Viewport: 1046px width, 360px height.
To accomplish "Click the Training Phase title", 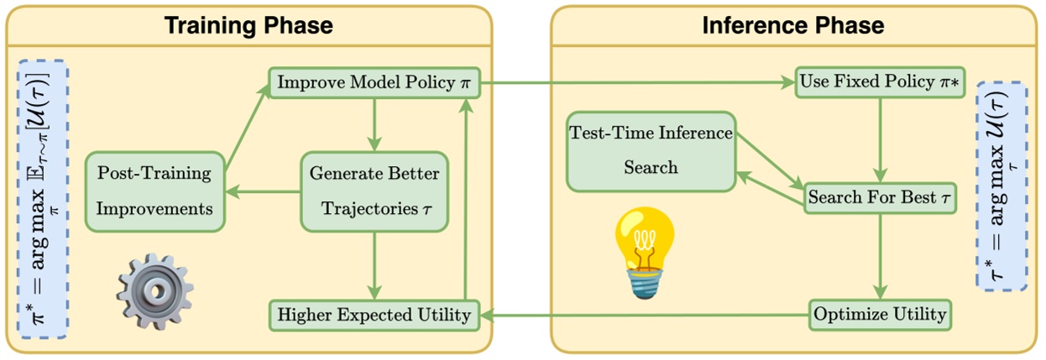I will [x=248, y=25].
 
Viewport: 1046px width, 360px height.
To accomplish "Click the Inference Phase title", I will [x=792, y=25].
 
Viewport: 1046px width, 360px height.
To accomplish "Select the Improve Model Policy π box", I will [x=374, y=84].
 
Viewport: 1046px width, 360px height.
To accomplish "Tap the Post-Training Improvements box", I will [x=154, y=192].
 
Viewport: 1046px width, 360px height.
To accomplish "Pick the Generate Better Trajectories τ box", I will [x=374, y=192].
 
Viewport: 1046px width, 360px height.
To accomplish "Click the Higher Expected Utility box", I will [x=374, y=315].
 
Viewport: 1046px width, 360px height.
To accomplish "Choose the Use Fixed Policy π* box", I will [x=879, y=84].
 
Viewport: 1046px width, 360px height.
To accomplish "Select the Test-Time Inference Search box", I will [x=651, y=150].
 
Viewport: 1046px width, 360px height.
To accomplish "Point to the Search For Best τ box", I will [x=879, y=198].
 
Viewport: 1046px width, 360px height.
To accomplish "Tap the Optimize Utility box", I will [x=879, y=315].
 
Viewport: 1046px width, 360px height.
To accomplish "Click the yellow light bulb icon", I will [x=644, y=252].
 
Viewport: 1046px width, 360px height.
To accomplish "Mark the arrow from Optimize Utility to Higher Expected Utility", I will [x=642, y=316].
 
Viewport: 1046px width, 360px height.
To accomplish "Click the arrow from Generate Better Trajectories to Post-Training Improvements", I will [x=264, y=192].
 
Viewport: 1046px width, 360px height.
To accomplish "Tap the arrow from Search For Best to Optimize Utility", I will [x=879, y=256].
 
